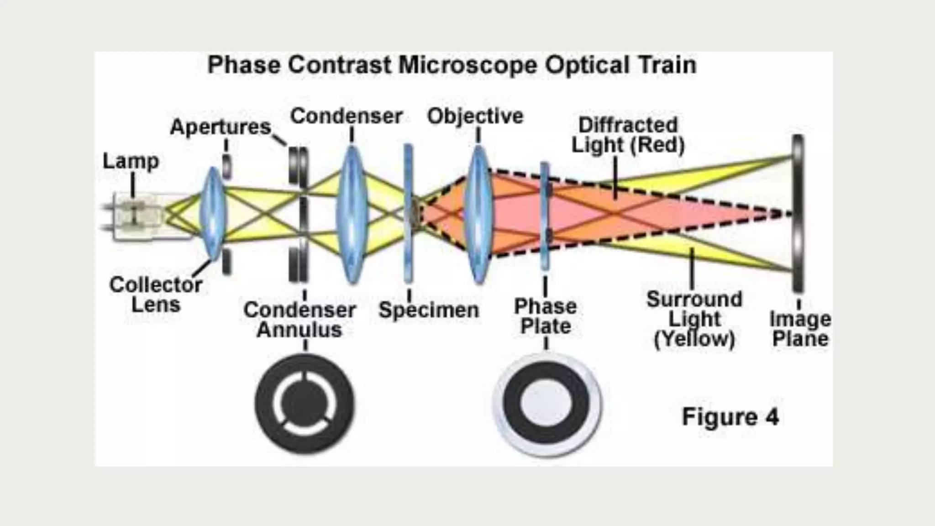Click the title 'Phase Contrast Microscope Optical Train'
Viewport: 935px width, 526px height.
pyautogui.click(x=452, y=65)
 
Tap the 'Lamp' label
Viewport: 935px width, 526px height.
pyautogui.click(x=131, y=161)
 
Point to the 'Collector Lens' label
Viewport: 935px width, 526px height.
pyautogui.click(x=156, y=295)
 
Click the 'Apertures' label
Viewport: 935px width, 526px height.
pyautogui.click(x=221, y=127)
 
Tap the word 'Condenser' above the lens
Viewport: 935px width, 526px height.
pyautogui.click(x=346, y=116)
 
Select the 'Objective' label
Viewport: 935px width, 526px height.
pyautogui.click(x=475, y=116)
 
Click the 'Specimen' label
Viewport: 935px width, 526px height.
pyautogui.click(x=429, y=310)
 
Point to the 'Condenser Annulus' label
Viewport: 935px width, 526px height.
pyautogui.click(x=299, y=320)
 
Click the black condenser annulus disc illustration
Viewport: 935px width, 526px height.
pyautogui.click(x=305, y=404)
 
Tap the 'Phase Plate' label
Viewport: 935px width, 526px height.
pyautogui.click(x=546, y=316)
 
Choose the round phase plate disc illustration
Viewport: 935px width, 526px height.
pyautogui.click(x=547, y=405)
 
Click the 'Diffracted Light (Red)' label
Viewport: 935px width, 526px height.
pyautogui.click(x=628, y=135)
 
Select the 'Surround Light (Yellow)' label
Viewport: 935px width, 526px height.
pyautogui.click(x=694, y=319)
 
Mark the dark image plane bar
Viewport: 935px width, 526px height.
pyautogui.click(x=798, y=213)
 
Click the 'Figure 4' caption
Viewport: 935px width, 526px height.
pyautogui.click(x=730, y=417)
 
